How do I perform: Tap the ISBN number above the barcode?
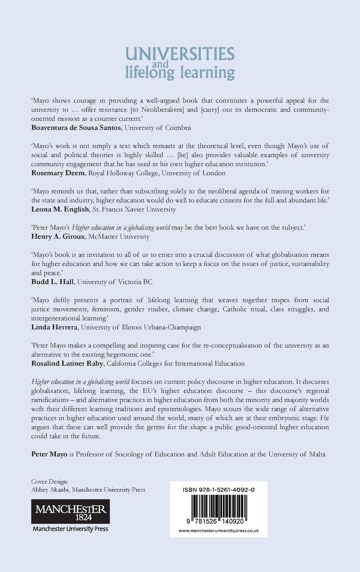pyautogui.click(x=219, y=490)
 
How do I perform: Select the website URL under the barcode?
pyautogui.click(x=219, y=530)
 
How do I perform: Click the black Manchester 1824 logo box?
pyautogui.click(x=71, y=511)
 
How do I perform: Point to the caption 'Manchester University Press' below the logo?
pyautogui.click(x=71, y=529)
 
